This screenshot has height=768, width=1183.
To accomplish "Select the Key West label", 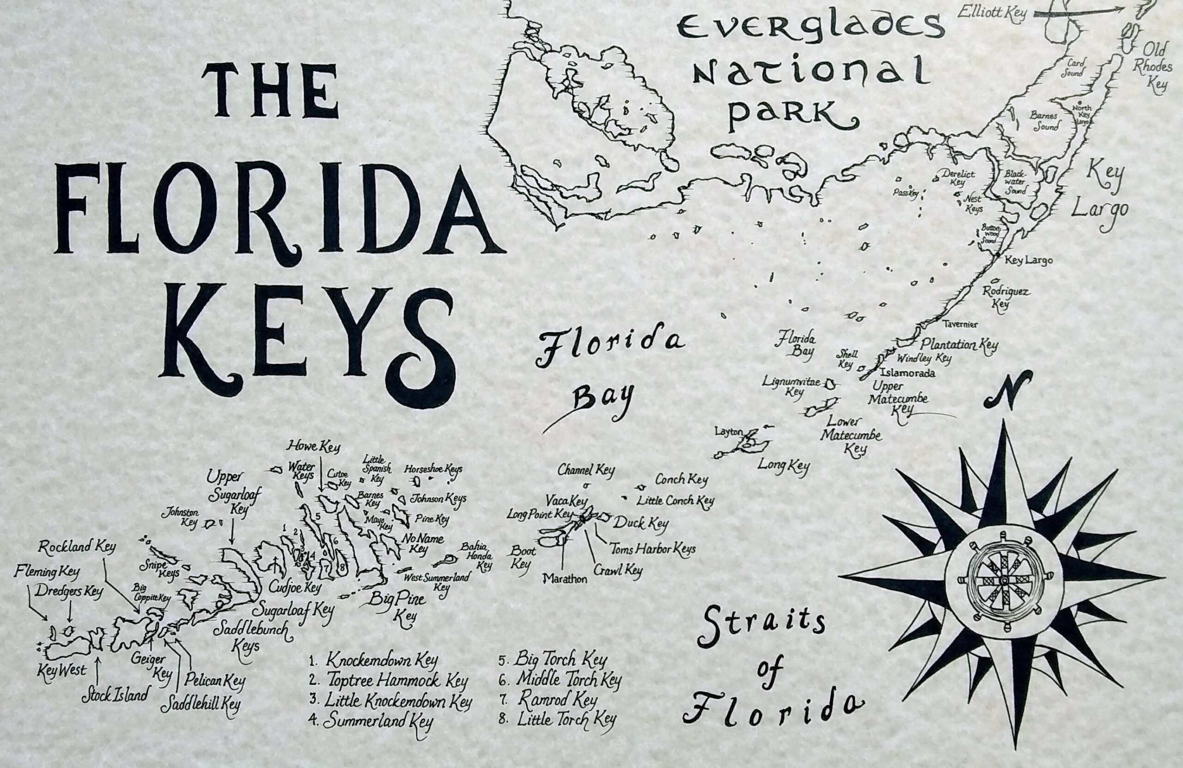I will [x=61, y=671].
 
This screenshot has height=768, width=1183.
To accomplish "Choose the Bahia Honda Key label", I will [x=477, y=556].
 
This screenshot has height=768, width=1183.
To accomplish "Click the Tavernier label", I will [x=961, y=324].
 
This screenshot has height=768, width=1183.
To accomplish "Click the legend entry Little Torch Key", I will [x=566, y=720].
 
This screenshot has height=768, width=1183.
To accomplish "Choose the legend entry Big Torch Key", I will [x=560, y=660].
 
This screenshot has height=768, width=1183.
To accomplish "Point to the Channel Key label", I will [x=586, y=470].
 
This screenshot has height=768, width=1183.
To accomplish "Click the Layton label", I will [x=729, y=432].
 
